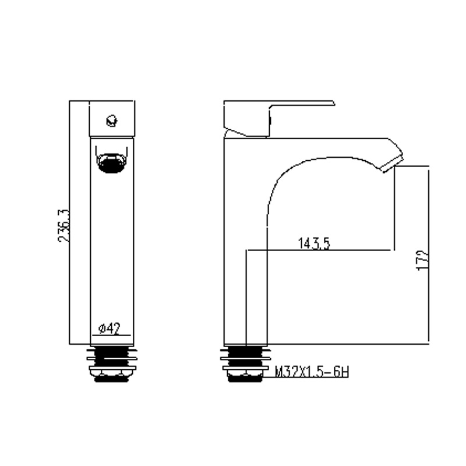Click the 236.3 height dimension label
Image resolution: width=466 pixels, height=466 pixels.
pyautogui.click(x=63, y=225)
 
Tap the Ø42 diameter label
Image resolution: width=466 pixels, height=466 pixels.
pyautogui.click(x=110, y=329)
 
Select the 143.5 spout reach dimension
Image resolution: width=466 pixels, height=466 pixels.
pyautogui.click(x=314, y=243)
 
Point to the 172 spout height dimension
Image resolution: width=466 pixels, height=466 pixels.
pyautogui.click(x=423, y=260)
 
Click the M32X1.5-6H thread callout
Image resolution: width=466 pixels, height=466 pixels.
pyautogui.click(x=312, y=372)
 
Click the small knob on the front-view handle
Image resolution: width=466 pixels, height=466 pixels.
pyautogui.click(x=112, y=121)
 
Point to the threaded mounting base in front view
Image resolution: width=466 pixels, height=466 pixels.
pyautogui.click(x=112, y=363)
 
